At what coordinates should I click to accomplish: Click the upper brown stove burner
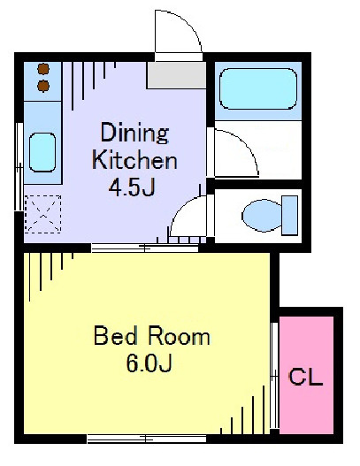click(43, 69)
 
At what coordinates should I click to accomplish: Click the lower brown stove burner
click(43, 86)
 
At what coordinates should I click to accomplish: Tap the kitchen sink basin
click(42, 152)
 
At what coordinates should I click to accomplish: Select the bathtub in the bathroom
click(258, 88)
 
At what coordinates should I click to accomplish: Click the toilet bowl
click(262, 216)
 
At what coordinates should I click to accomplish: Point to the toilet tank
click(290, 216)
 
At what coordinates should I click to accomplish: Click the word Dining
click(134, 133)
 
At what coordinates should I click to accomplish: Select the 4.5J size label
click(132, 187)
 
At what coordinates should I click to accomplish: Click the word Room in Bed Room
click(180, 336)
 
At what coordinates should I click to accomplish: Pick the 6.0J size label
click(149, 363)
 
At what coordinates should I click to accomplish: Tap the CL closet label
click(305, 377)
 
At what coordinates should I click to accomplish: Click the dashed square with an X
click(42, 214)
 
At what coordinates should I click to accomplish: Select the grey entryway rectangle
click(177, 75)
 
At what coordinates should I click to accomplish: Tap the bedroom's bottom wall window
click(147, 439)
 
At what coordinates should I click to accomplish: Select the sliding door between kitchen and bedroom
click(145, 248)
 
